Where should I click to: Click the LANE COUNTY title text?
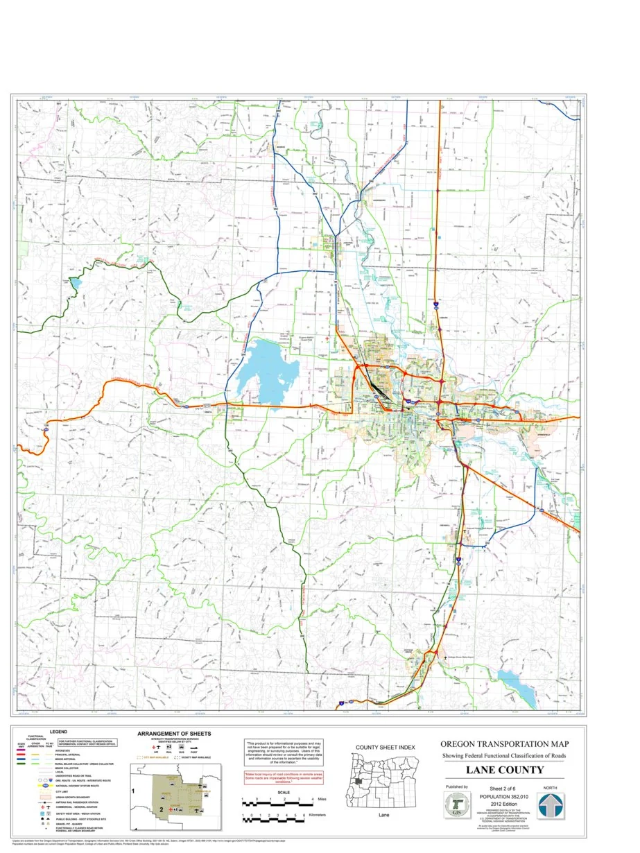click(504, 770)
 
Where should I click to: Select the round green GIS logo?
click(456, 806)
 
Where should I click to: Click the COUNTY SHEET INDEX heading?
click(385, 747)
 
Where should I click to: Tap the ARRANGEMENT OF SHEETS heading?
click(174, 733)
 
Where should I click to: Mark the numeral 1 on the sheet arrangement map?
click(132, 790)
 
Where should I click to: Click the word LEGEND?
click(58, 732)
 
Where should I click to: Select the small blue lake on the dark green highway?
click(74, 283)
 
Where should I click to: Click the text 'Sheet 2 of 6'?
click(504, 789)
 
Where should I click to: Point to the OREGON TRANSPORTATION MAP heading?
click(504, 744)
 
